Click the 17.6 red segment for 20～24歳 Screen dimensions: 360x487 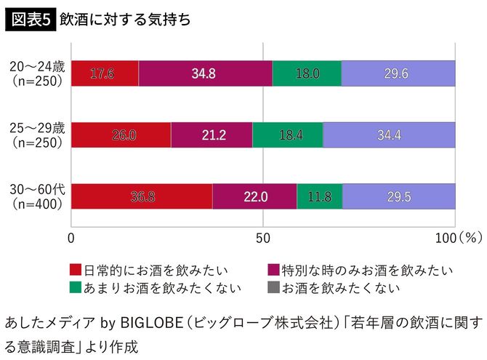pyautogui.click(x=105, y=73)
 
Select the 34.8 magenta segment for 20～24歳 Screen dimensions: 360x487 pyautogui.click(x=206, y=73)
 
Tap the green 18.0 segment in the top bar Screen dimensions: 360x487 pyautogui.click(x=307, y=73)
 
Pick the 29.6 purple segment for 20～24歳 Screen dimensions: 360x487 pyautogui.click(x=398, y=73)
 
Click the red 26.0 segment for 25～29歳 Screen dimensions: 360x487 pyautogui.click(x=121, y=135)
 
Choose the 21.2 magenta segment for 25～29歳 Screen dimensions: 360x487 pyautogui.click(x=212, y=135)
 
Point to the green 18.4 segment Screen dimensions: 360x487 pyautogui.click(x=288, y=135)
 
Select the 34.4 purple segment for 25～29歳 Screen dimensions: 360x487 pyautogui.click(x=389, y=135)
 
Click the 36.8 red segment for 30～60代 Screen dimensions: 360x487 pyautogui.click(x=142, y=196)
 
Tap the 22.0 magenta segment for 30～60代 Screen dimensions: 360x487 pyautogui.click(x=254, y=196)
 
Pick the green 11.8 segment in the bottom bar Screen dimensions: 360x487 pyautogui.click(x=319, y=196)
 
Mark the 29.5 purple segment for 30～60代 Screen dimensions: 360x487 pyautogui.click(x=398, y=196)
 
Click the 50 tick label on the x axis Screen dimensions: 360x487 pyautogui.click(x=263, y=238)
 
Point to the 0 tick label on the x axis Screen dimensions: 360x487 pyautogui.click(x=71, y=238)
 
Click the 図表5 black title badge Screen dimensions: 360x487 pyautogui.click(x=29, y=20)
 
